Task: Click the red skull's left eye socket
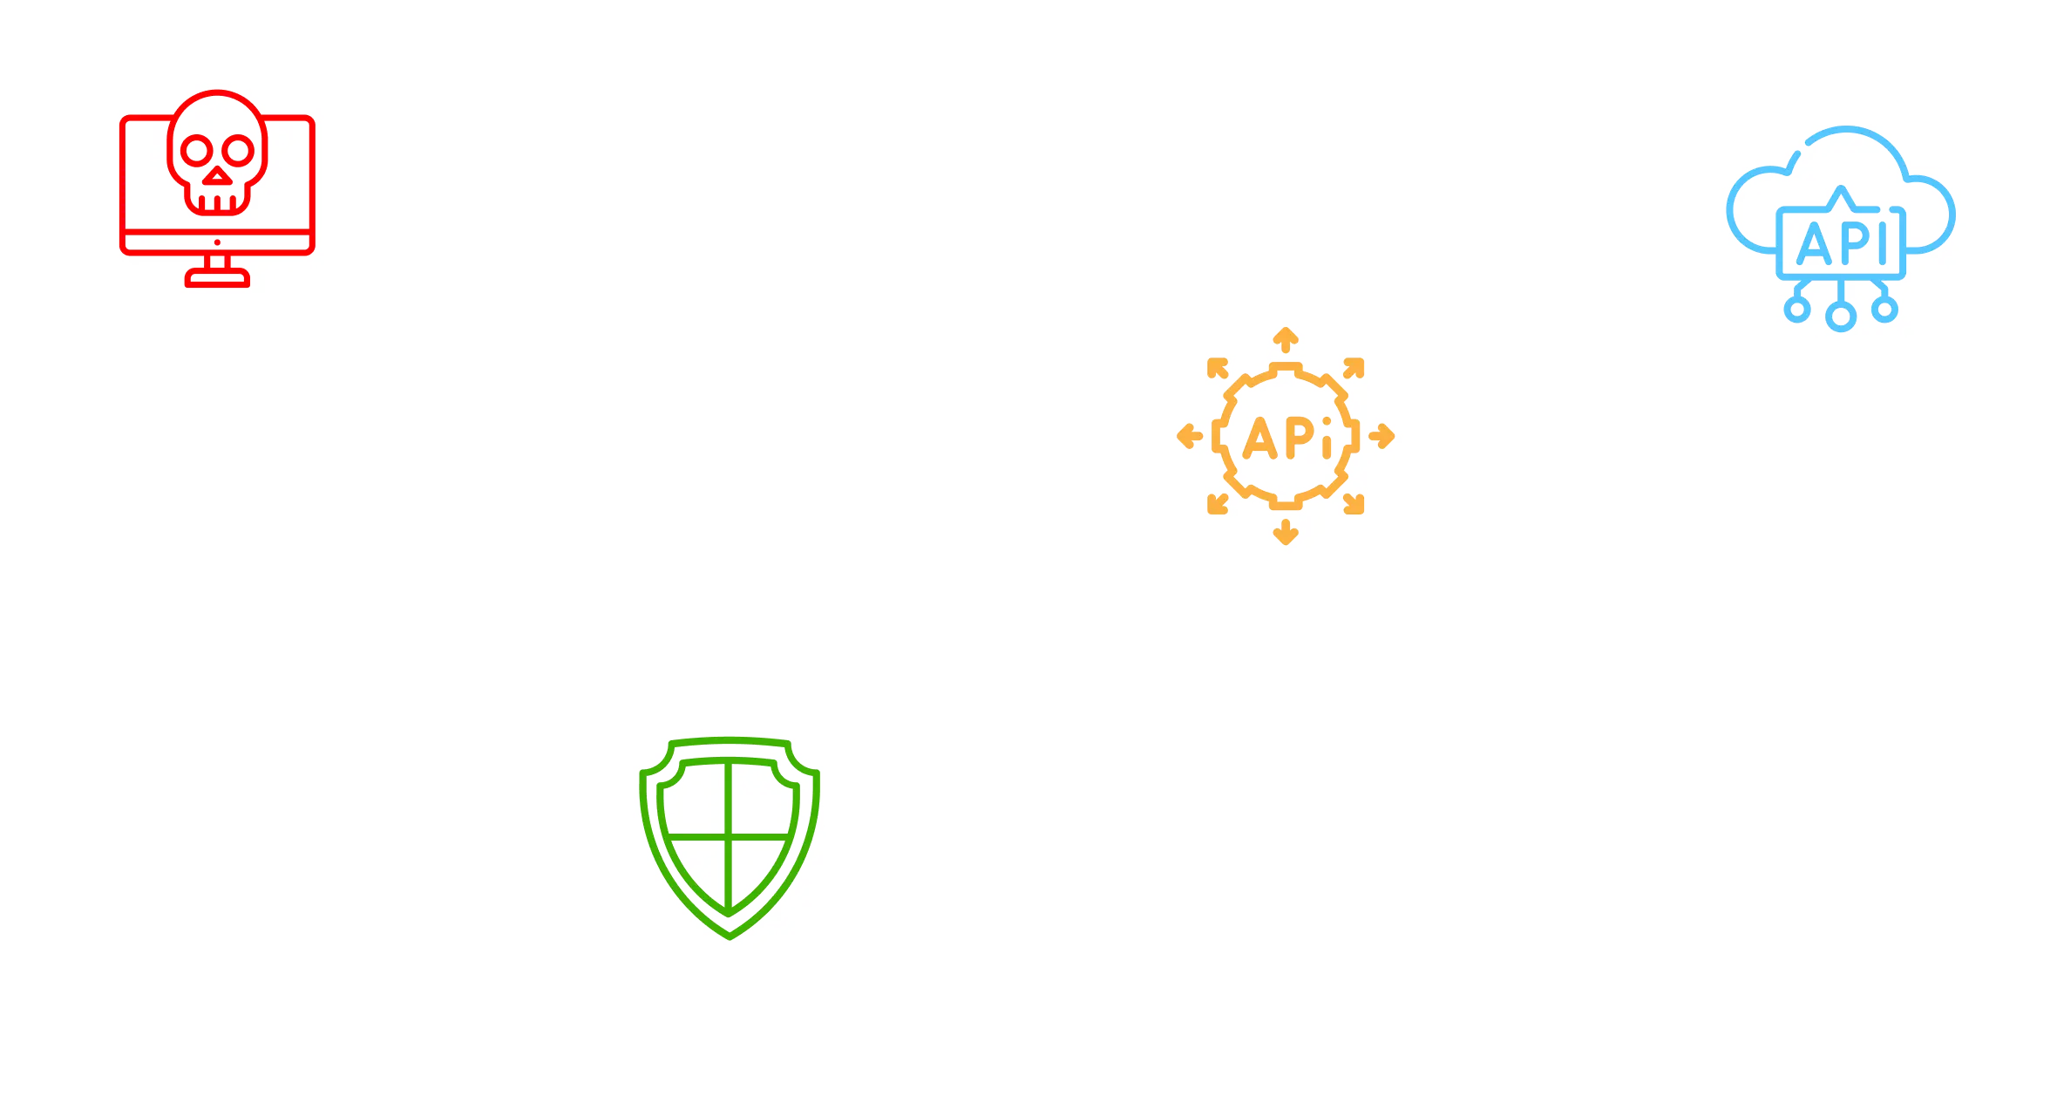click(194, 151)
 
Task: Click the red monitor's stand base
click(217, 279)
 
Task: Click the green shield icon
click(730, 838)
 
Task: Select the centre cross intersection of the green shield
click(729, 836)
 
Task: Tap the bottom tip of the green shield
click(730, 936)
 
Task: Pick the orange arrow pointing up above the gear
click(1286, 338)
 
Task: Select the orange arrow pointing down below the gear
click(1286, 532)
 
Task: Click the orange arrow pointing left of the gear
click(1189, 436)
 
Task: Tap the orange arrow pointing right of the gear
click(1382, 436)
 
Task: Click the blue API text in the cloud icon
click(1841, 243)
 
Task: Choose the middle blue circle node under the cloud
click(1840, 317)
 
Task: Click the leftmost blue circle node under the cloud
click(1796, 309)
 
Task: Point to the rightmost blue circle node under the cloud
click(1884, 309)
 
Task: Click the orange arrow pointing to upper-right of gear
click(1354, 367)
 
